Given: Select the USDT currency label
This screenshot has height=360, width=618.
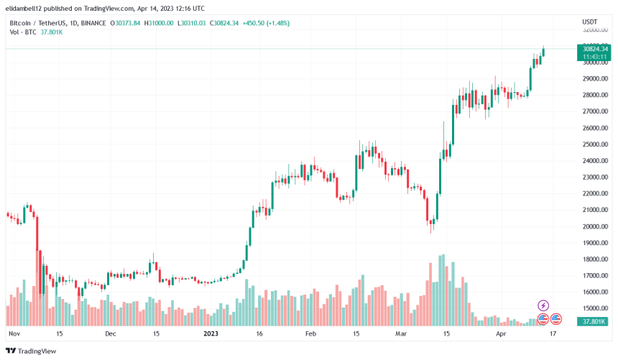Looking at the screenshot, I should coord(589,22).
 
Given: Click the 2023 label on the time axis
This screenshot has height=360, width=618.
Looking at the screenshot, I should coord(211,334).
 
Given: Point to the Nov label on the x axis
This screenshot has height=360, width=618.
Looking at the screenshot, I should coord(14,334).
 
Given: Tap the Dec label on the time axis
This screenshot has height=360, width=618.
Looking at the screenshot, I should coord(111,334).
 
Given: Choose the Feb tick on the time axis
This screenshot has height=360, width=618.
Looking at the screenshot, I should coord(310,334).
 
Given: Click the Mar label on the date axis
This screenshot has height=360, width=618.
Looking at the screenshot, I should coord(401,334).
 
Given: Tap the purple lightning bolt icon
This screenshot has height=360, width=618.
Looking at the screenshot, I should coord(543,305).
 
